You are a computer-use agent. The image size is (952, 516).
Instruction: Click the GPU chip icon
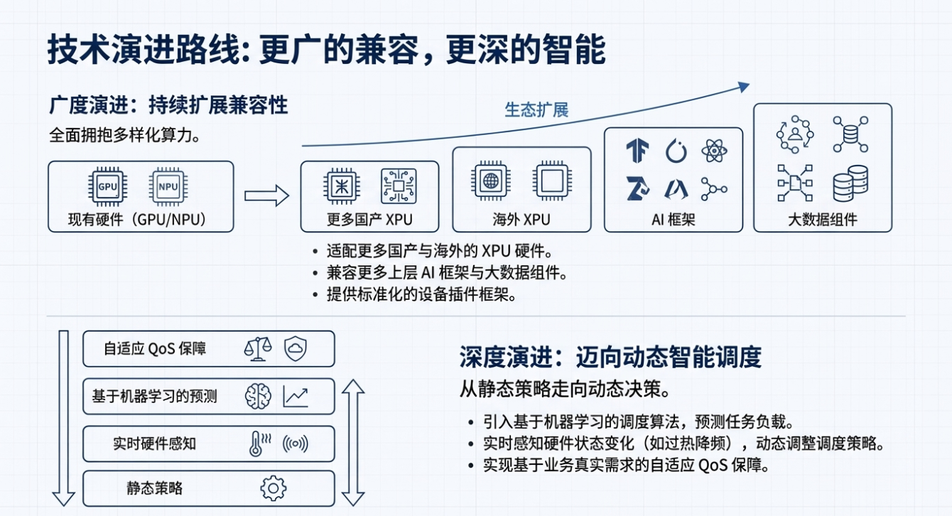[107, 186]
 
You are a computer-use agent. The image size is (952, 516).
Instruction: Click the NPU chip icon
[168, 186]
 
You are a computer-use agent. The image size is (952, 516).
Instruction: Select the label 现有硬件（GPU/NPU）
[141, 219]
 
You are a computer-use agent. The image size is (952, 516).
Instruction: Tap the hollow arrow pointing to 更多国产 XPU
[266, 196]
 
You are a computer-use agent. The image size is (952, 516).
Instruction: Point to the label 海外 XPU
[521, 219]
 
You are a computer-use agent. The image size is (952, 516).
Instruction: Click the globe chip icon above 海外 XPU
[491, 181]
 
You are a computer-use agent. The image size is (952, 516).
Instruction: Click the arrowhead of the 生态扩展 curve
[743, 86]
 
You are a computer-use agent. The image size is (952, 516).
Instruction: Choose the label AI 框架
[673, 219]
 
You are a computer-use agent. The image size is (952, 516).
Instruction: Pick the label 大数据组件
[822, 219]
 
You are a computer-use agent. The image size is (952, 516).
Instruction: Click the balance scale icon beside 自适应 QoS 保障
[257, 348]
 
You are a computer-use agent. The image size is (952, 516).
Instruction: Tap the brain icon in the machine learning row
[258, 396]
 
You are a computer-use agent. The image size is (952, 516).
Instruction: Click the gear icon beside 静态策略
[274, 488]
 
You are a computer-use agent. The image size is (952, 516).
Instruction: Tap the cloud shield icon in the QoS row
[295, 348]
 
